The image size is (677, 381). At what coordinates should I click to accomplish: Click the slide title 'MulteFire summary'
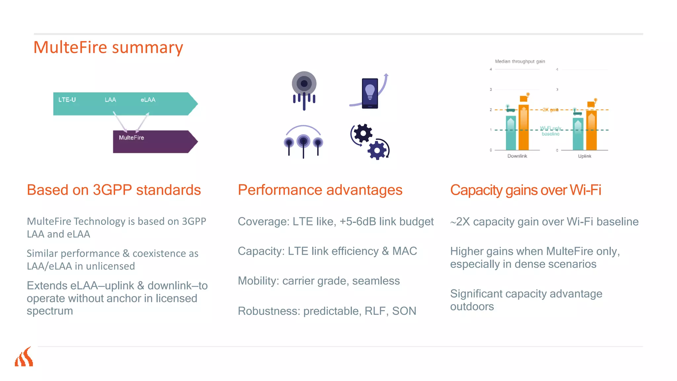[x=108, y=47]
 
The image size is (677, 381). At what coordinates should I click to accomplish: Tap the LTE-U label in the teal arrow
[x=67, y=100]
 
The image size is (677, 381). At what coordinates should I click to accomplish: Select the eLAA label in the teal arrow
[x=148, y=100]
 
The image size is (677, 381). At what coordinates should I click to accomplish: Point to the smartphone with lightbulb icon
[x=370, y=93]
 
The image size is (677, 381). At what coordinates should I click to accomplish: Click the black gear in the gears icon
[x=363, y=134]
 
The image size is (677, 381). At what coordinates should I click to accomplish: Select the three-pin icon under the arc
[x=303, y=142]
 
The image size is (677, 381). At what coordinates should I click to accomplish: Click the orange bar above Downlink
[x=524, y=127]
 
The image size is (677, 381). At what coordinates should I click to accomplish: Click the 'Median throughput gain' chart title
[x=520, y=62]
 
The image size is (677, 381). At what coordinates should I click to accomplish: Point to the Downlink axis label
[x=517, y=156]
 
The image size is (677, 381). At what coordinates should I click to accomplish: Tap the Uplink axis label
[x=584, y=156]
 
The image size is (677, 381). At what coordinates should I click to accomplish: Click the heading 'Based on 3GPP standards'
[x=114, y=190]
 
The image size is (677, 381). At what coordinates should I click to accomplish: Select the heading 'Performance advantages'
[x=320, y=190]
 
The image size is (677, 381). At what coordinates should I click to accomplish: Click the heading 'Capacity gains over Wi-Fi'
[x=526, y=190]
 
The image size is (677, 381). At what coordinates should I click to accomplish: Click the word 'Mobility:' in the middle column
[x=259, y=281]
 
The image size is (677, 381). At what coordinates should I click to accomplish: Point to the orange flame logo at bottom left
[x=24, y=357]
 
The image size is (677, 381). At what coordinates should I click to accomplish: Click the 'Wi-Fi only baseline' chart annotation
[x=550, y=131]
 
